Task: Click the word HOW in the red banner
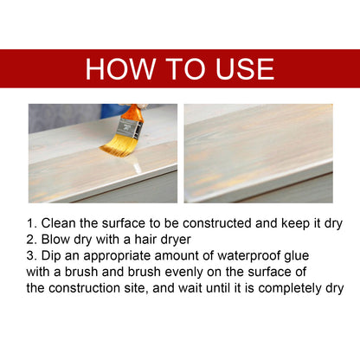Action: click(120, 68)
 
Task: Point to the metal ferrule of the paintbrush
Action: click(131, 128)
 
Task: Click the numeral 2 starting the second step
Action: click(32, 238)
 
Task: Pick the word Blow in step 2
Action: click(57, 238)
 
